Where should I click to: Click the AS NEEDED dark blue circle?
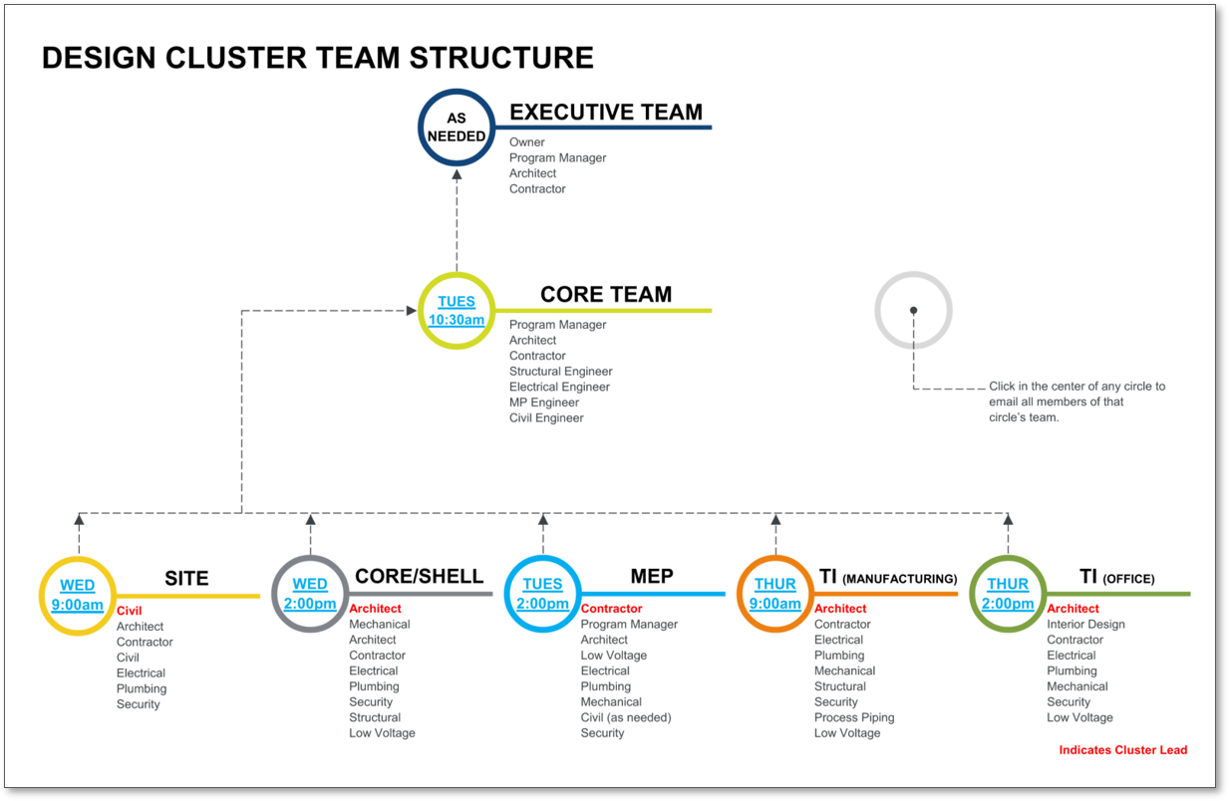pyautogui.click(x=457, y=128)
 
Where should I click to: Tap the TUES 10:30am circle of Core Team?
pyautogui.click(x=457, y=311)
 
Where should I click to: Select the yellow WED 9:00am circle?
pyautogui.click(x=78, y=595)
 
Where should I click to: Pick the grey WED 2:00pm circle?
pyautogui.click(x=310, y=594)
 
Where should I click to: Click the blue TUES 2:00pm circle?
pyautogui.click(x=542, y=594)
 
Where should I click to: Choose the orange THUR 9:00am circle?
pyautogui.click(x=775, y=594)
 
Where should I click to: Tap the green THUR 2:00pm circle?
pyautogui.click(x=1008, y=594)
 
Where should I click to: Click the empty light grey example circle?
pyautogui.click(x=913, y=311)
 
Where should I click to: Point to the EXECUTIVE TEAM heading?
pyautogui.click(x=606, y=113)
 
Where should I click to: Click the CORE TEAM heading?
pyautogui.click(x=606, y=295)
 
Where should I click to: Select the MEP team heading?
pyautogui.click(x=652, y=577)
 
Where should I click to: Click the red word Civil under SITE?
pyautogui.click(x=130, y=611)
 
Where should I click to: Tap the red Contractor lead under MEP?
pyautogui.click(x=612, y=609)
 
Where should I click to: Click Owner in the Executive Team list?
pyautogui.click(x=527, y=142)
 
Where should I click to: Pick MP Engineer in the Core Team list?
pyautogui.click(x=544, y=402)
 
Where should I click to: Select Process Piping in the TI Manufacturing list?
pyautogui.click(x=854, y=717)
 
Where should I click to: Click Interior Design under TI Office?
pyautogui.click(x=1085, y=625)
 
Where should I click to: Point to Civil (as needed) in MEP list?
pyautogui.click(x=626, y=717)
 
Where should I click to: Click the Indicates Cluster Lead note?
pyautogui.click(x=1123, y=750)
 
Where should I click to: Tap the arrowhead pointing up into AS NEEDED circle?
pyautogui.click(x=457, y=175)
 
